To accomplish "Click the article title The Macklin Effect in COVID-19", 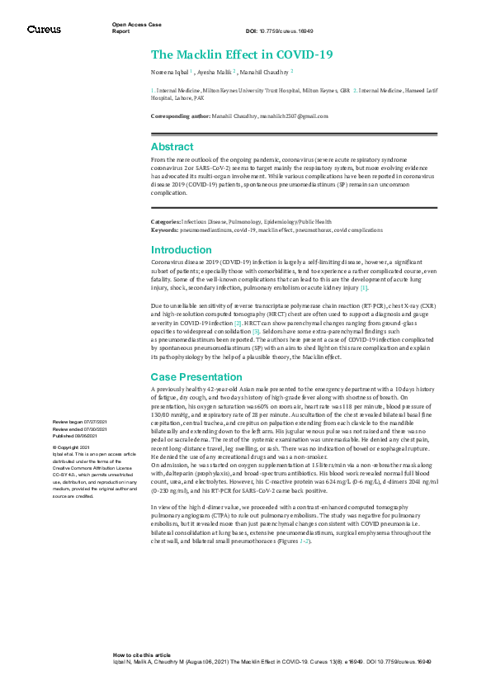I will (242, 55).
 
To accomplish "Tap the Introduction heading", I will (181, 249).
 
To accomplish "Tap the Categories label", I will (165, 222).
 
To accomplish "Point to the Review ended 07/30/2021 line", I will (80, 430).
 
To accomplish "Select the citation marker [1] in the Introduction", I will (364, 287).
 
